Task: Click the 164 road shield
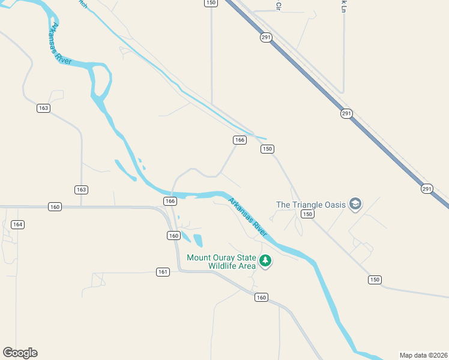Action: [x=17, y=224]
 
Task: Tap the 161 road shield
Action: [x=163, y=272]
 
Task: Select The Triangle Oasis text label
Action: [x=310, y=205]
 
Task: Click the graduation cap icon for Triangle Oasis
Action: [x=355, y=204]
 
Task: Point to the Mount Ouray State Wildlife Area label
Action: [x=221, y=262]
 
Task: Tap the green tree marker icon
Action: [x=265, y=261]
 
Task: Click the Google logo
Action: [x=20, y=353]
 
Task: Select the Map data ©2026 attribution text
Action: [x=423, y=355]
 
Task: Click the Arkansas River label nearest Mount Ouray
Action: [x=247, y=216]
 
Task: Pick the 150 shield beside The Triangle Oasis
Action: [x=307, y=214]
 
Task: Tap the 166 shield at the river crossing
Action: [x=170, y=201]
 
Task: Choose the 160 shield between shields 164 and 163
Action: [x=55, y=207]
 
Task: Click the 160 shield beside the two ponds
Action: [x=173, y=236]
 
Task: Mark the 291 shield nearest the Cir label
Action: [x=267, y=37]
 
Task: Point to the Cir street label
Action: [x=279, y=5]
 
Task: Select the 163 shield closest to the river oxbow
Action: [x=43, y=108]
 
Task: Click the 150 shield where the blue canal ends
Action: [x=267, y=149]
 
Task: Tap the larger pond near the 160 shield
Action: [x=197, y=241]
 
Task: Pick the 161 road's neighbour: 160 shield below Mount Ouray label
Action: [x=261, y=297]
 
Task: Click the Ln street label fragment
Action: [x=344, y=5]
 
